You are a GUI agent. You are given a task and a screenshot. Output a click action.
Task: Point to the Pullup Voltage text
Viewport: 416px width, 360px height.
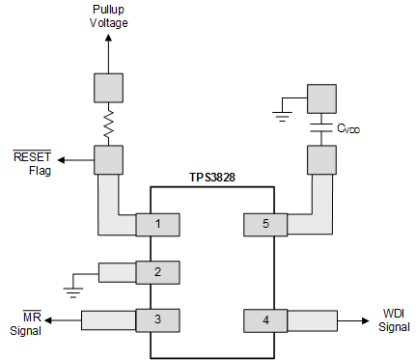coord(108,16)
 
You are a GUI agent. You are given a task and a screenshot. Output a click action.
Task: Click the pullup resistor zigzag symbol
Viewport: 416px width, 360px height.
coord(108,124)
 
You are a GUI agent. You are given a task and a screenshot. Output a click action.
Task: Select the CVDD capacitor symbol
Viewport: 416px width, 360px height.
coord(320,126)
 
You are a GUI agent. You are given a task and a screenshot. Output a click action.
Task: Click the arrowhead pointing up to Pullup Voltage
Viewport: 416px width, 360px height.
coord(108,39)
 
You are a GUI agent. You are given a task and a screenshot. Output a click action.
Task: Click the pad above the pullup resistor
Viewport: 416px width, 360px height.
coord(108,88)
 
